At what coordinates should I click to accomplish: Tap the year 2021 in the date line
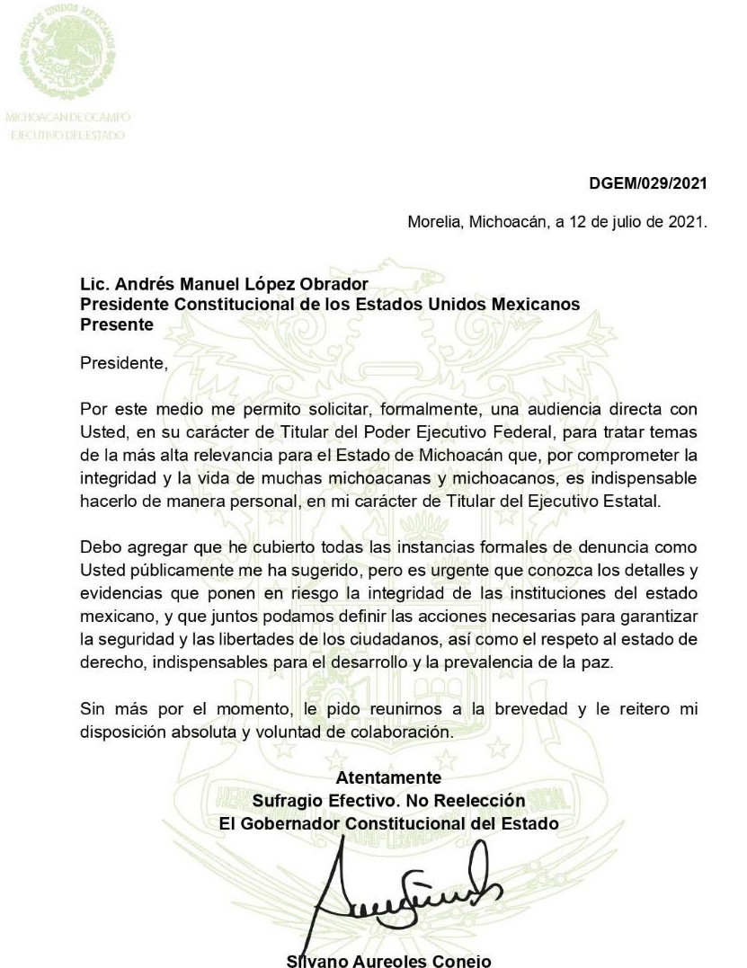(x=687, y=222)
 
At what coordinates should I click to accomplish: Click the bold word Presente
(x=117, y=324)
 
